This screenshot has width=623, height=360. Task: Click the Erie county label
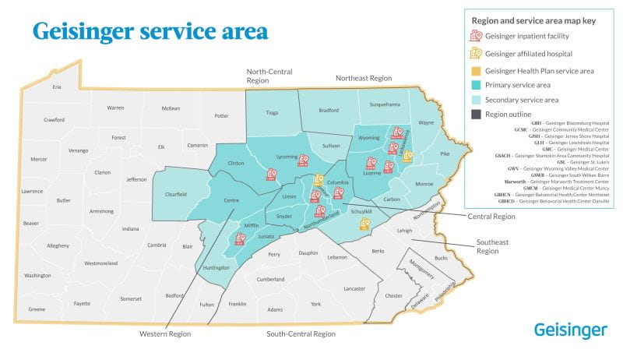57,86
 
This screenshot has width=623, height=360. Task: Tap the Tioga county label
272,112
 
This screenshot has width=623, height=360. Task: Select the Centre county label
231,201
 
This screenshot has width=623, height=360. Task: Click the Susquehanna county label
385,104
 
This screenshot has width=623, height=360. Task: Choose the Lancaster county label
354,288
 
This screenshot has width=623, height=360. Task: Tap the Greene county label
37,309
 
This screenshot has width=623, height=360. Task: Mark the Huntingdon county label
216,267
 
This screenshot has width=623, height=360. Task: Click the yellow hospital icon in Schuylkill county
364,224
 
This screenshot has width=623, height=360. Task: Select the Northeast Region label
363,78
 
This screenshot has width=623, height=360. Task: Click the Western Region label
164,334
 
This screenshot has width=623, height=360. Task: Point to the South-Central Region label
301,334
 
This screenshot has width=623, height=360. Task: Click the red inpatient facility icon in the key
474,36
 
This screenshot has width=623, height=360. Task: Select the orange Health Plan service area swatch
474,71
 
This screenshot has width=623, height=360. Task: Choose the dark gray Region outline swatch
474,114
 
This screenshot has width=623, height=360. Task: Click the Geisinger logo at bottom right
571,330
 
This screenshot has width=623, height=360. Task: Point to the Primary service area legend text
517,85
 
